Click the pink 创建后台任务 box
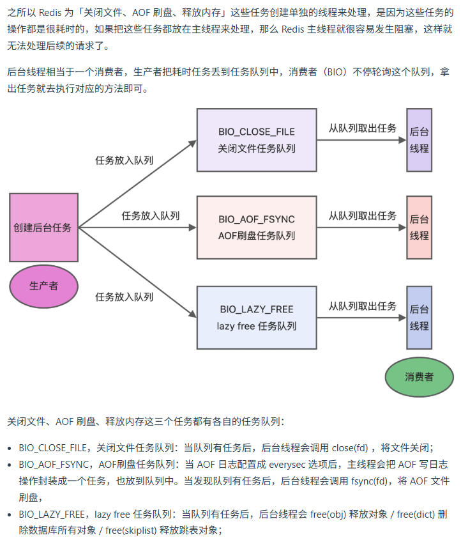(43, 228)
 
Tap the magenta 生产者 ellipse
(43, 285)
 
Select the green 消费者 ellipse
(419, 376)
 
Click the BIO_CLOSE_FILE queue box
(257, 140)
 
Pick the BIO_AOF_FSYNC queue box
(257, 228)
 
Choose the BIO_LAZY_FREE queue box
(257, 318)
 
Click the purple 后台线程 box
(419, 140)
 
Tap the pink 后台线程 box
(419, 228)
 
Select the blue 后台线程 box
(419, 318)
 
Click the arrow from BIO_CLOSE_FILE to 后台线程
(361, 141)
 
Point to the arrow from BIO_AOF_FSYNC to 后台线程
(361, 228)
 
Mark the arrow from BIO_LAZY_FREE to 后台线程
(361, 318)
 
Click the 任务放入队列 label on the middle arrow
(151, 215)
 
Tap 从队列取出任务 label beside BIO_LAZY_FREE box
(363, 306)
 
